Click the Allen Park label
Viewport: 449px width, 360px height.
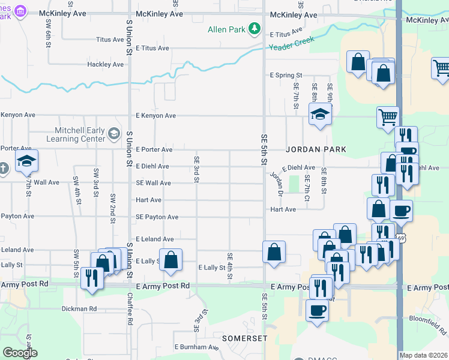227,29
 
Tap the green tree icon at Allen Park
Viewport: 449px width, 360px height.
255,29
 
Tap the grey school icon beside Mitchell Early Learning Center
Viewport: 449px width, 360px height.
114,133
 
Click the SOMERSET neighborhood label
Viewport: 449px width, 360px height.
244,338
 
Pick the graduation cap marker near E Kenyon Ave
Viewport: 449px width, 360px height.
321,114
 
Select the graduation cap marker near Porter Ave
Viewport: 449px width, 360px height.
26,160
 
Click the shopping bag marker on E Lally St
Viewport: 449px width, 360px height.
171,259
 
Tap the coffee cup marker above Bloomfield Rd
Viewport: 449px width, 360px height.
318,310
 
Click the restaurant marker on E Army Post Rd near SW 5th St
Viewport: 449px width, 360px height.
91,278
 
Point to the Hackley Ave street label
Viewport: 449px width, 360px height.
106,64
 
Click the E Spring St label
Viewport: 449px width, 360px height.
286,76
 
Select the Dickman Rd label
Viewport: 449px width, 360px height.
79,309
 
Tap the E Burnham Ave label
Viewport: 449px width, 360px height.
197,347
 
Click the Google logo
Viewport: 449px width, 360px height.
20,353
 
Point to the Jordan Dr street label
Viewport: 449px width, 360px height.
276,184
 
